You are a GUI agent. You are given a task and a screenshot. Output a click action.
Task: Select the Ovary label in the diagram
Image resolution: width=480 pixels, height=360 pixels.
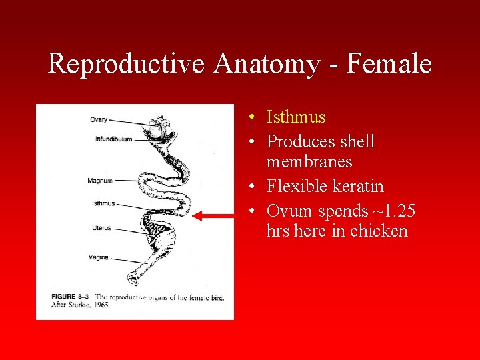(98, 120)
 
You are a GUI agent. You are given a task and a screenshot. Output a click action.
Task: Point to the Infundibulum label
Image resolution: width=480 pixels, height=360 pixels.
(113, 139)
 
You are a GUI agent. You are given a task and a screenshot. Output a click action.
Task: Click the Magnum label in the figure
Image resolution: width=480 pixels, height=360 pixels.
(99, 181)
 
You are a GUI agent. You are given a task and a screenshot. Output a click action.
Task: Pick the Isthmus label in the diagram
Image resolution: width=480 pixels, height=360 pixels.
(103, 203)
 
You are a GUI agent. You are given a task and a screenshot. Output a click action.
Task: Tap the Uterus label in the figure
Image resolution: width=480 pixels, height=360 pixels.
(102, 228)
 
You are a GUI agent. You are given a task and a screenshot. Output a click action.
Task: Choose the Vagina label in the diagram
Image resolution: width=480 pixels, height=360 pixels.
(99, 257)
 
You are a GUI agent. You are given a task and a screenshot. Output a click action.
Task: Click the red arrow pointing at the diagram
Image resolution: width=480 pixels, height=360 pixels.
(214, 216)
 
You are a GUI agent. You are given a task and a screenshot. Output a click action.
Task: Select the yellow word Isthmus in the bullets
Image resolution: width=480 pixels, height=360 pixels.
(296, 117)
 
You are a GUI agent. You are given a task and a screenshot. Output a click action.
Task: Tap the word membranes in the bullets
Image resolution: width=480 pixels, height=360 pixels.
(309, 161)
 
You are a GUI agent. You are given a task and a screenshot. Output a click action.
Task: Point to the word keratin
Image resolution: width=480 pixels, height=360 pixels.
(353, 186)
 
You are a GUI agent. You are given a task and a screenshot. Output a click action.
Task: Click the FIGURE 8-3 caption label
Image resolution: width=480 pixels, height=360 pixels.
(71, 297)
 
